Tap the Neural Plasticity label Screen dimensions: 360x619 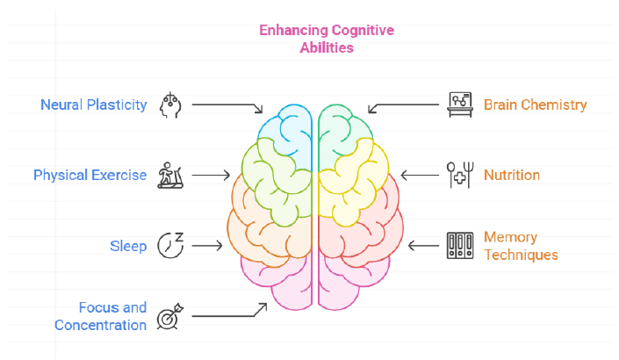(94, 105)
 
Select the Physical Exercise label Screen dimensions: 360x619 (90, 175)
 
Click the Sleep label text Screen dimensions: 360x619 (128, 246)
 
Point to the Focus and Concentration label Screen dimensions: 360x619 (101, 316)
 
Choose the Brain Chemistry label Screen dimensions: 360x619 (535, 105)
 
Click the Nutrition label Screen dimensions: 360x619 (512, 175)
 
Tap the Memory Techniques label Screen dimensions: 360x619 (521, 246)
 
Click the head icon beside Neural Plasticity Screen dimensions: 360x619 (169, 104)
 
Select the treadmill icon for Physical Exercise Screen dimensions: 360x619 (169, 175)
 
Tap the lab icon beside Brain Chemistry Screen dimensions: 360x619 (460, 104)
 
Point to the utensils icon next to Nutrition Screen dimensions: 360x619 (460, 175)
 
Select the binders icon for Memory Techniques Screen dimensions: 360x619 (460, 245)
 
